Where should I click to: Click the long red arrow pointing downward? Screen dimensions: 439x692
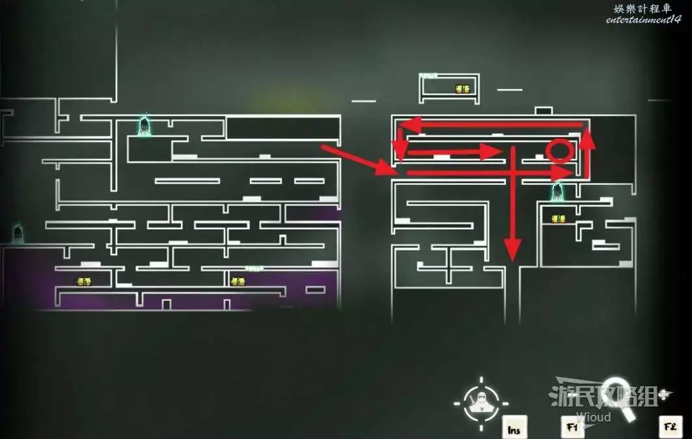pos(513,202)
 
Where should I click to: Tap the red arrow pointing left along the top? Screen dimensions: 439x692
pos(491,124)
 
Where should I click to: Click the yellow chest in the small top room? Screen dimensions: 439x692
pos(463,89)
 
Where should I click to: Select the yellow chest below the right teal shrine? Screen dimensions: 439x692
pos(559,219)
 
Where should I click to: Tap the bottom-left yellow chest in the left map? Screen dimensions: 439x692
pos(84,281)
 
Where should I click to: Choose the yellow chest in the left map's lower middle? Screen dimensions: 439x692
pos(238,281)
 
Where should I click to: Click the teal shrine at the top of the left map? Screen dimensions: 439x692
pos(145,126)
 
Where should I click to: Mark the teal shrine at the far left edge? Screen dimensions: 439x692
pos(18,233)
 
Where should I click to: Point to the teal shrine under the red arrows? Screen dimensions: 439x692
pos(557,191)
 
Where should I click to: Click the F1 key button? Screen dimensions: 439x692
pos(572,427)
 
